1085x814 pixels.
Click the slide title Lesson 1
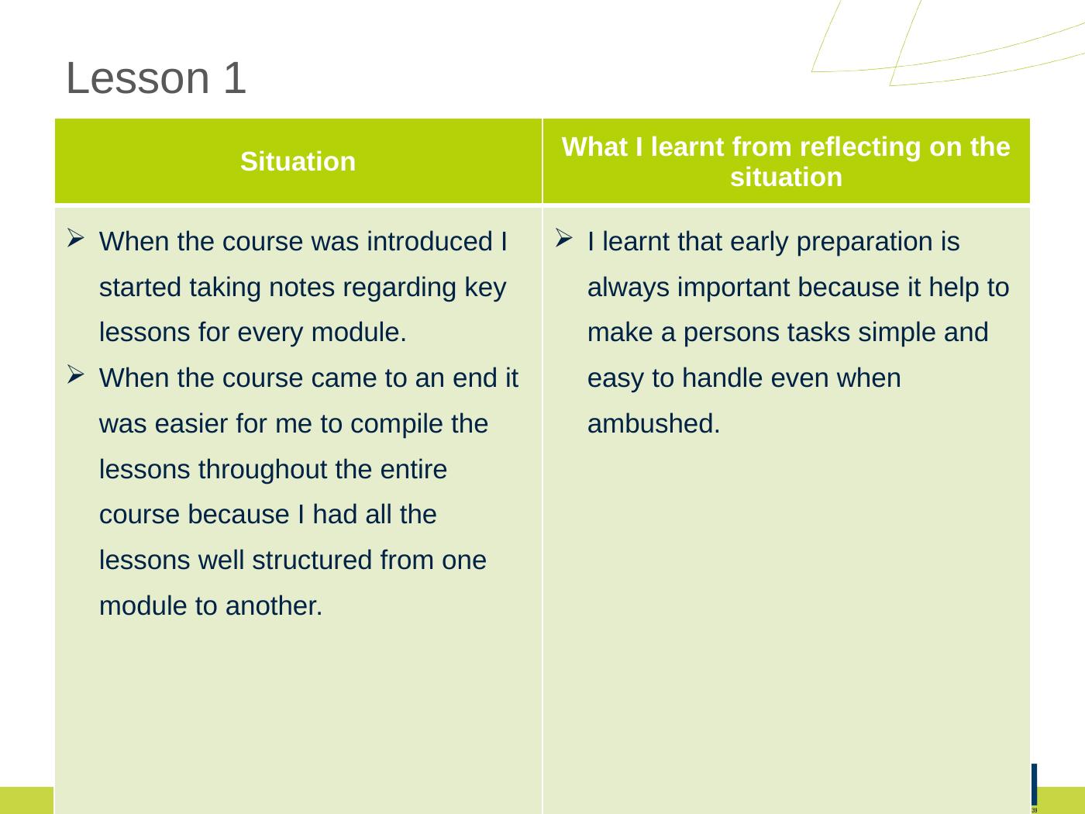pyautogui.click(x=156, y=78)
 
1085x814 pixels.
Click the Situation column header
pyautogui.click(x=298, y=161)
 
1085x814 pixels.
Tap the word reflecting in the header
pyautogui.click(x=859, y=147)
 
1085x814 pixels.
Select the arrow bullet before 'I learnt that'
pyautogui.click(x=563, y=238)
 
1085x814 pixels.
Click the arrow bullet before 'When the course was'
pyautogui.click(x=76, y=238)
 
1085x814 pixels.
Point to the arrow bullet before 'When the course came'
pyautogui.click(x=76, y=374)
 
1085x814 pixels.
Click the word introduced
pyautogui.click(x=429, y=242)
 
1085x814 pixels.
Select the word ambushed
pyautogui.click(x=653, y=423)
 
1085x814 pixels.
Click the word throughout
pyautogui.click(x=263, y=470)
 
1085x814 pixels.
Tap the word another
pyautogui.click(x=274, y=606)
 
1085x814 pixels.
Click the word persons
pyautogui.click(x=732, y=333)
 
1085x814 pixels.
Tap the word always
pyautogui.click(x=629, y=288)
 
